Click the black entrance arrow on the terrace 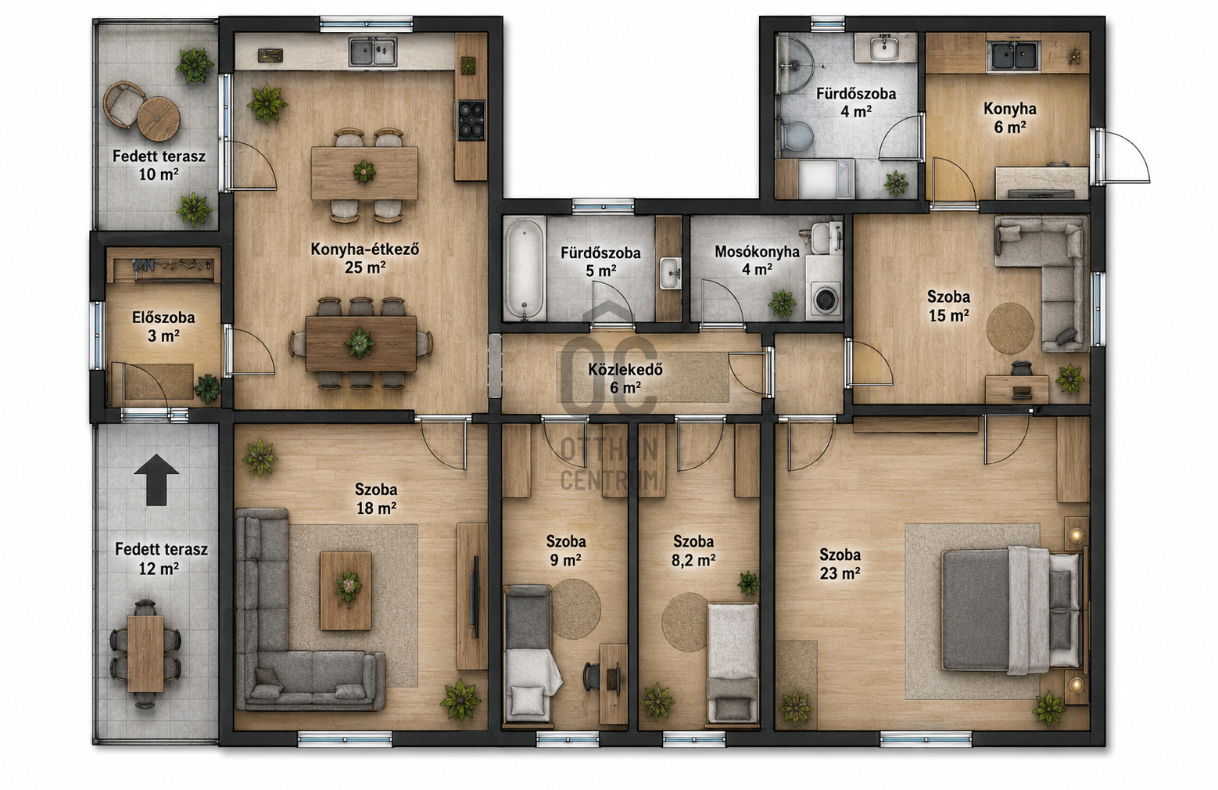(x=156, y=479)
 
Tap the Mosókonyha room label (x=757, y=251)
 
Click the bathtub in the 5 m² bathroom (x=524, y=268)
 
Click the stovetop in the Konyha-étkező (x=471, y=120)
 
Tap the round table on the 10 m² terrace (x=158, y=119)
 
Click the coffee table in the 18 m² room (x=346, y=591)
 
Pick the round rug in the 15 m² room (x=1010, y=329)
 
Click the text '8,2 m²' (x=693, y=560)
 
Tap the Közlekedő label (x=625, y=369)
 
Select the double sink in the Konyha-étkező (x=372, y=52)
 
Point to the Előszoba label (x=163, y=318)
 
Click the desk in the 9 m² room (x=614, y=684)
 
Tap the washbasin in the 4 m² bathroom (x=884, y=48)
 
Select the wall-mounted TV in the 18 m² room (x=475, y=596)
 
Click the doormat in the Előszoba (x=159, y=381)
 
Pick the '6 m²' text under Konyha (x=1010, y=127)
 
